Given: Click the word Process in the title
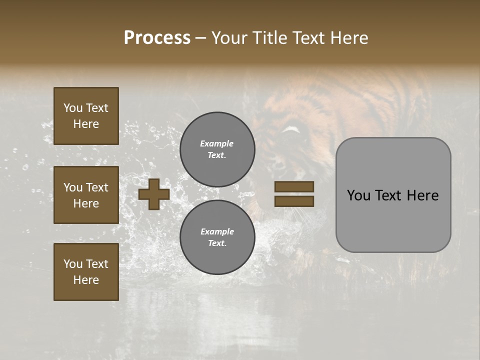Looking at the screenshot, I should (157, 38).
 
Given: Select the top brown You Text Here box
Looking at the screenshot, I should (86, 116).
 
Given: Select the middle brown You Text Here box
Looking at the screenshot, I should (86, 195).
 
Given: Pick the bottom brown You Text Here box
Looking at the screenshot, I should (86, 272).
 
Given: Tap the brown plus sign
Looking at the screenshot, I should (153, 194).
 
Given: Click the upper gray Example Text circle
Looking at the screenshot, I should (217, 149).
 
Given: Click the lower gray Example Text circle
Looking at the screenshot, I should (217, 237).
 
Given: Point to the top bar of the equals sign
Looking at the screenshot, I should (294, 187).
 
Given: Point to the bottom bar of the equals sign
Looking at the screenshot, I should (294, 201).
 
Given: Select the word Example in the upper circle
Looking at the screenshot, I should (217, 143).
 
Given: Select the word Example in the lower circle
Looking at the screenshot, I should (217, 231).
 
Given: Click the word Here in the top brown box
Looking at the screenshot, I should (86, 124).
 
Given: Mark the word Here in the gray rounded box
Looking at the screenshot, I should (424, 195).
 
